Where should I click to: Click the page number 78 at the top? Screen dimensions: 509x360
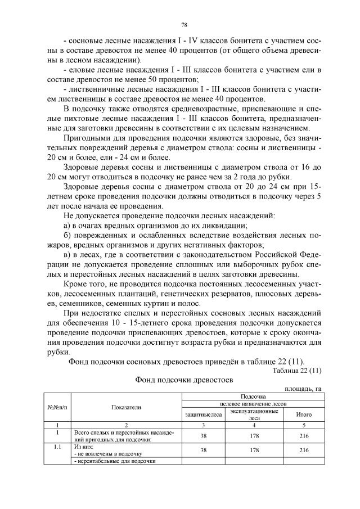pos(184,24)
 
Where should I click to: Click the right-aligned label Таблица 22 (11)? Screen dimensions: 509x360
pos(296,371)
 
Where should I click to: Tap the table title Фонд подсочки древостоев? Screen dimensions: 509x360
pos(184,380)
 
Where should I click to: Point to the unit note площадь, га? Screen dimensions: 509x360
pos(304,389)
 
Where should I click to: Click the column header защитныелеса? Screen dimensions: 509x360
pos(204,415)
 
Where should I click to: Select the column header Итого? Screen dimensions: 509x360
pos(304,415)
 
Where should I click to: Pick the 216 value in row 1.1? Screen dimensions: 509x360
pos(304,450)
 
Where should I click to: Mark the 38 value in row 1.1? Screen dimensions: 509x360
pos(204,450)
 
